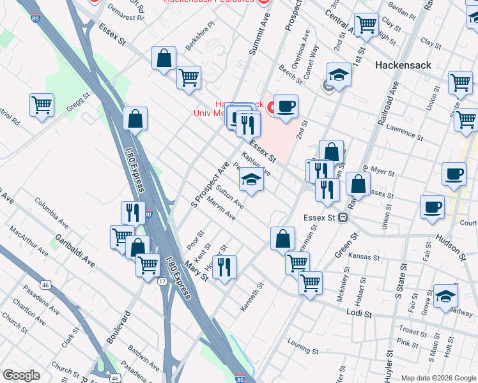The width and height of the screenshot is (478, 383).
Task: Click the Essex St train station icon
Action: (343, 217)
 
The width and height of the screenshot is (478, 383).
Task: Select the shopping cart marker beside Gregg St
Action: (42, 104)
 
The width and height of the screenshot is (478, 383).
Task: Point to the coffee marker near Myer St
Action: (454, 173)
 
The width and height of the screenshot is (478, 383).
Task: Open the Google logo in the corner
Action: (22, 375)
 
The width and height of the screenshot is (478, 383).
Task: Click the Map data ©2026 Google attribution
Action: (438, 378)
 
